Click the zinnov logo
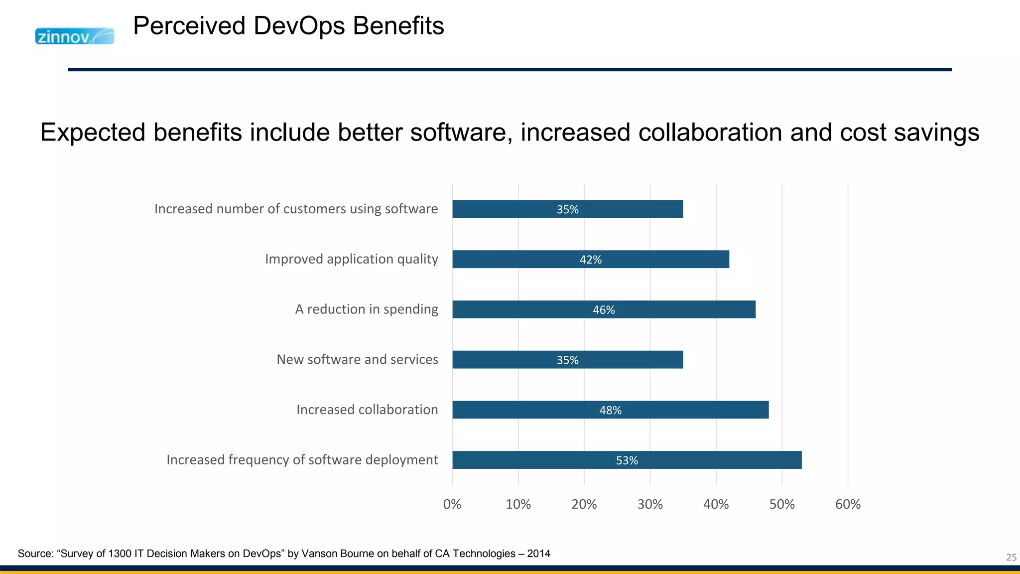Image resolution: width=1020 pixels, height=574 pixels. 75,36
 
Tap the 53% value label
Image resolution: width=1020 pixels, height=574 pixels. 627,460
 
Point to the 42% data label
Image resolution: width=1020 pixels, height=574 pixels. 591,260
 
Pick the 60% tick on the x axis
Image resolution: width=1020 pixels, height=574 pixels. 848,504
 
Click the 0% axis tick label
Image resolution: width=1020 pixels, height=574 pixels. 452,504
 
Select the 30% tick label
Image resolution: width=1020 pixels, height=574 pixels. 650,504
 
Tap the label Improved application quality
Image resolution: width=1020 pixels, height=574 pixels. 351,259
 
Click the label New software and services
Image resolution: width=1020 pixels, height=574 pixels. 357,359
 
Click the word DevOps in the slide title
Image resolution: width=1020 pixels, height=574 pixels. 299,26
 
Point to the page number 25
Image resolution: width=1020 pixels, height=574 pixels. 1011,558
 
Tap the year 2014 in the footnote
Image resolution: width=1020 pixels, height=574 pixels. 538,554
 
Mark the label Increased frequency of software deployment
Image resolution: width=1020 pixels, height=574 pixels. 302,459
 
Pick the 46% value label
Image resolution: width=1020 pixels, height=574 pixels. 604,310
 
